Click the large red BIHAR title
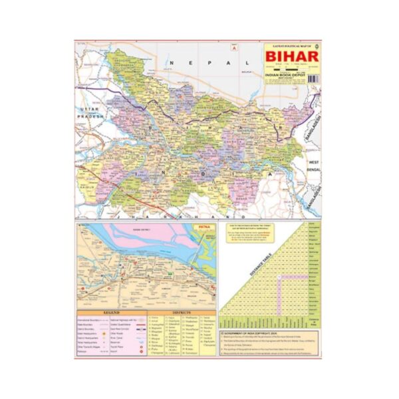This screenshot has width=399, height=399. click(x=291, y=56)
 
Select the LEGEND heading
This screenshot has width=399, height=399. click(x=110, y=311)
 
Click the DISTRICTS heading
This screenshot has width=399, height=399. click(x=180, y=311)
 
